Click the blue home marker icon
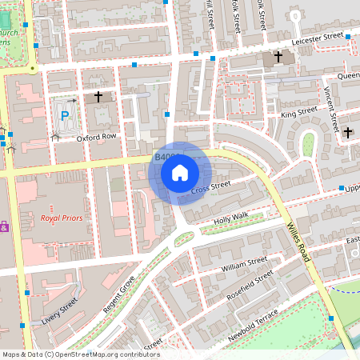coord(180,173)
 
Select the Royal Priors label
coord(61,217)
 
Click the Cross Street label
coord(211,186)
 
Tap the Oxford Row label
coord(97,138)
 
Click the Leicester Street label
coord(318,37)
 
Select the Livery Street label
coord(60,311)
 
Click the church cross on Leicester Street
coord(278,58)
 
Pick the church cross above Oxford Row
coord(98,97)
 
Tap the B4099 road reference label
coord(164,158)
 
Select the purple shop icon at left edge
coord(4,226)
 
